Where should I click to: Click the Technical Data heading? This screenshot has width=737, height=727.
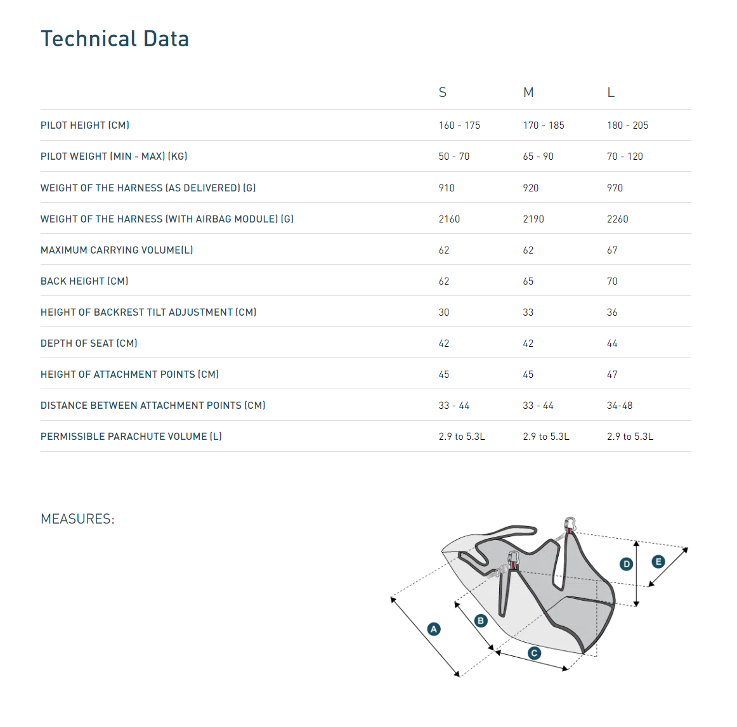tap(115, 39)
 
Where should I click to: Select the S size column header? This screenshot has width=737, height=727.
tap(443, 93)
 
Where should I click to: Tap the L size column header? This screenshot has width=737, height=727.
tap(611, 93)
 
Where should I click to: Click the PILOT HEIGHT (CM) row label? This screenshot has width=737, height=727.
tap(85, 125)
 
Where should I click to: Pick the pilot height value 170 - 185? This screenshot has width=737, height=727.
tap(544, 125)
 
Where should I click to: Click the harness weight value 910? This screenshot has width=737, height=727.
tap(447, 188)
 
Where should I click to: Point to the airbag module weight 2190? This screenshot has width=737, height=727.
tap(533, 219)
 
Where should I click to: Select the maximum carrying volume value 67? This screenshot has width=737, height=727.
tap(612, 250)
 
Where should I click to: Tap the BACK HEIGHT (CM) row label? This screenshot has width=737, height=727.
tap(84, 281)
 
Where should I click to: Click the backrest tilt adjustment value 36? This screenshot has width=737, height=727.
tap(612, 312)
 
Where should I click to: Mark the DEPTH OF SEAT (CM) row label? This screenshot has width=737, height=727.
tap(89, 344)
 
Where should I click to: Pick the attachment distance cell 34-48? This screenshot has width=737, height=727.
tap(620, 406)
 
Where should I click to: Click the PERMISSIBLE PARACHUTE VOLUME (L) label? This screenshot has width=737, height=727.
tap(131, 437)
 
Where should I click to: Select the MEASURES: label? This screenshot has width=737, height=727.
tap(77, 519)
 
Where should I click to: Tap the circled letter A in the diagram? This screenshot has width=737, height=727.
tap(434, 629)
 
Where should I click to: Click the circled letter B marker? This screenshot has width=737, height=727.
tap(481, 621)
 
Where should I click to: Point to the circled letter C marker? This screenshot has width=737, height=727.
tap(535, 653)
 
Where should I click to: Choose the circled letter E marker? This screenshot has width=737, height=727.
tap(658, 562)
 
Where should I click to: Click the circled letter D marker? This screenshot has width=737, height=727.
tap(627, 564)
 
